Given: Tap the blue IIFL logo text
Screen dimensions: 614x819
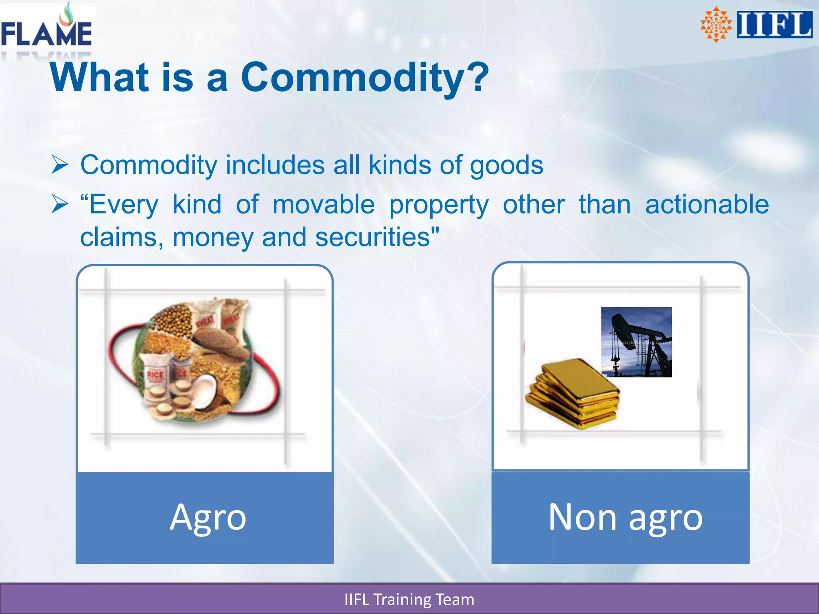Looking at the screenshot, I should coord(774,25).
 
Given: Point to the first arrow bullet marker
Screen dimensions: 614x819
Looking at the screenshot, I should coord(60,165).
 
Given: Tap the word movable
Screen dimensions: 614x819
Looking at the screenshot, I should coord(324,205).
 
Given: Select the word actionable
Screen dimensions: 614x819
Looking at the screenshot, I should coord(707,205).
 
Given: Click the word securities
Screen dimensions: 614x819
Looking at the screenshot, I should coord(377,237).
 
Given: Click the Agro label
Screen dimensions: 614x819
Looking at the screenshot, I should coord(208,518).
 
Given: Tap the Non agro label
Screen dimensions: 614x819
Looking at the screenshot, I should coord(625,518).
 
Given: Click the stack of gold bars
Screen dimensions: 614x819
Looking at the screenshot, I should coord(573,393).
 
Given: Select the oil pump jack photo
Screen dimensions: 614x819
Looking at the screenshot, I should coord(636,342).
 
